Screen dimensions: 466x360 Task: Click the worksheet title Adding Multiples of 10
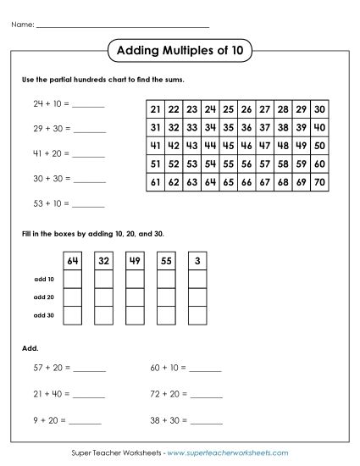pos(179,51)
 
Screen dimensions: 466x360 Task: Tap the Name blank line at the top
pos(123,25)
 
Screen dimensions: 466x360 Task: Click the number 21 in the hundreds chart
pos(155,109)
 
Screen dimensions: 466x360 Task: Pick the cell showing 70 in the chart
pos(319,181)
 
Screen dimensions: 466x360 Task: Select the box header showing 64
pos(73,260)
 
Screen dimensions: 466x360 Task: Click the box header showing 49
pos(134,260)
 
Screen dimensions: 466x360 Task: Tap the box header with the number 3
pos(196,260)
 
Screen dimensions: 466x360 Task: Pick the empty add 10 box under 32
pos(103,279)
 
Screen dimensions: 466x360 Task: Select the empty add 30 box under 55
pos(165,316)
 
